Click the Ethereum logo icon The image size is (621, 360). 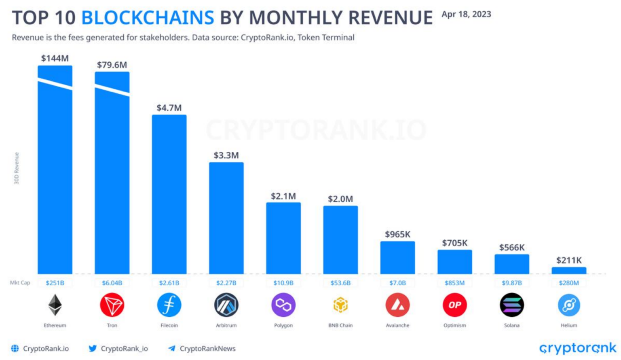point(55,305)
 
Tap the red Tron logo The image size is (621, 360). point(112,305)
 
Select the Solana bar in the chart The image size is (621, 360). point(512,264)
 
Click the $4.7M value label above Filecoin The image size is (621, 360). point(169,108)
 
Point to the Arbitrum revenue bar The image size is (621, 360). point(226,218)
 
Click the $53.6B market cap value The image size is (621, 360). point(340,283)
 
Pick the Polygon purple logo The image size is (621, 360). point(283,305)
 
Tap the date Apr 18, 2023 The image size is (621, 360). point(466,14)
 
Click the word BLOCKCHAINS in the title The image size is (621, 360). point(148,18)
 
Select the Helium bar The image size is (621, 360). point(569,271)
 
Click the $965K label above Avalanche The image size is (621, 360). point(397,234)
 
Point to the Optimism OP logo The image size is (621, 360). point(455,305)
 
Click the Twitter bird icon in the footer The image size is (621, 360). point(93,348)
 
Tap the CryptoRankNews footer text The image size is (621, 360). point(207,348)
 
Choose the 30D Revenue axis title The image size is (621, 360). point(17,168)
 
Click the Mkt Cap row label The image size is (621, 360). point(20,283)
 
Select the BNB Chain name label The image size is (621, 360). point(340,325)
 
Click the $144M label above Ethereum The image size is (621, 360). point(55,58)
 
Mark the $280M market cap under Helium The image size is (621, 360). point(569,283)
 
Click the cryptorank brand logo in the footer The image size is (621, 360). point(577,348)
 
